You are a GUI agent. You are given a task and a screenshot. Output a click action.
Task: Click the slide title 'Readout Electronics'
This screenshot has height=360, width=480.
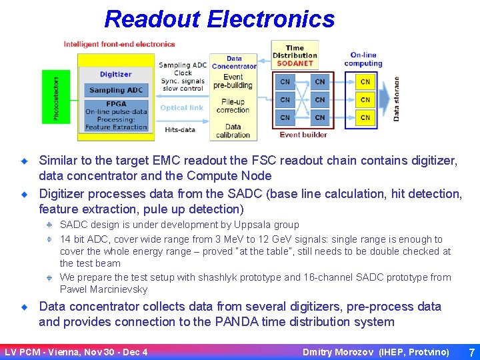pyautogui.click(x=219, y=19)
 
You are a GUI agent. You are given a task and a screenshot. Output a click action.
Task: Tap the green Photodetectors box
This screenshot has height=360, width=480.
pyautogui.click(x=56, y=97)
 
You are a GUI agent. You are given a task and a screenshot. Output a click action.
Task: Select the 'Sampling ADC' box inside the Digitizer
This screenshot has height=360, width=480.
pyautogui.click(x=116, y=90)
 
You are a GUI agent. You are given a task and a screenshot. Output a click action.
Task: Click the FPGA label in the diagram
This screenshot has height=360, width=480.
pyautogui.click(x=116, y=103)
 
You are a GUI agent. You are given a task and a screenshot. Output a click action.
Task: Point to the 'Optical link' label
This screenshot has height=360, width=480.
pyautogui.click(x=181, y=107)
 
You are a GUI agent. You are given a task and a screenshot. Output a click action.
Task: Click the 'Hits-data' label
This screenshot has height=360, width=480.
pyautogui.click(x=180, y=129)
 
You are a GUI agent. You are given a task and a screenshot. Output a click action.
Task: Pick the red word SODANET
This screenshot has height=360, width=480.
pyautogui.click(x=295, y=63)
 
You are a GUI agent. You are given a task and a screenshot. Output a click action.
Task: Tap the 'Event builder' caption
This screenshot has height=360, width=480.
pyautogui.click(x=303, y=135)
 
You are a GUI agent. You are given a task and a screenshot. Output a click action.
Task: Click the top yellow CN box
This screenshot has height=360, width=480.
pyautogui.click(x=365, y=82)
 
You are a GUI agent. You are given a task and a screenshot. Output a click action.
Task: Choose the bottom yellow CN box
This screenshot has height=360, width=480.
pyautogui.click(x=365, y=117)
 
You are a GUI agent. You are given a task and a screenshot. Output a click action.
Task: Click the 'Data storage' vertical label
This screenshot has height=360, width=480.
pyautogui.click(x=396, y=98)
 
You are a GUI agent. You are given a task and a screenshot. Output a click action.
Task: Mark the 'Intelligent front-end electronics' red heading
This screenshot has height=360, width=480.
pyautogui.click(x=119, y=44)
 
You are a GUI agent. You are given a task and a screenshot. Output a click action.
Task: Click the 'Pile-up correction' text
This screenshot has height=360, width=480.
pyautogui.click(x=233, y=105)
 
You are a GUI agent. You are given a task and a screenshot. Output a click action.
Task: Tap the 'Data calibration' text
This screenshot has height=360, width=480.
pyautogui.click(x=233, y=131)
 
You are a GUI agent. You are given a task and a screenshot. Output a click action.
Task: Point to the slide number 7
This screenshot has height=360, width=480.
pyautogui.click(x=471, y=351)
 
